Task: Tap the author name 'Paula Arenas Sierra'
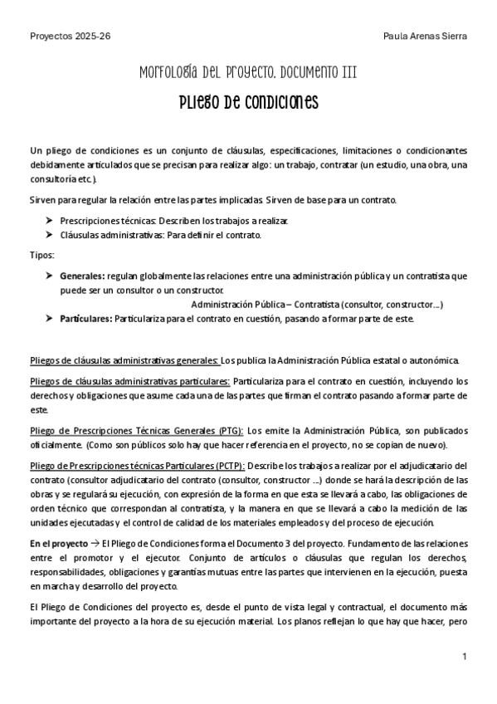coord(426,37)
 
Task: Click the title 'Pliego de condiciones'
coord(249,103)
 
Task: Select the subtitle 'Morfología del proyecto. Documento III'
coord(249,73)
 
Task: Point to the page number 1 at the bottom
coord(465,657)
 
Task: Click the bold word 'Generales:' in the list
coord(82,274)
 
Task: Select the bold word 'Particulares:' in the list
coord(86,318)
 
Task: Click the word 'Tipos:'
coord(41,254)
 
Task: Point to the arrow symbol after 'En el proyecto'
coord(95,543)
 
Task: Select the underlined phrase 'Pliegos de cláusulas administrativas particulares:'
coord(129,381)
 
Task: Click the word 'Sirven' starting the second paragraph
coord(43,200)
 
